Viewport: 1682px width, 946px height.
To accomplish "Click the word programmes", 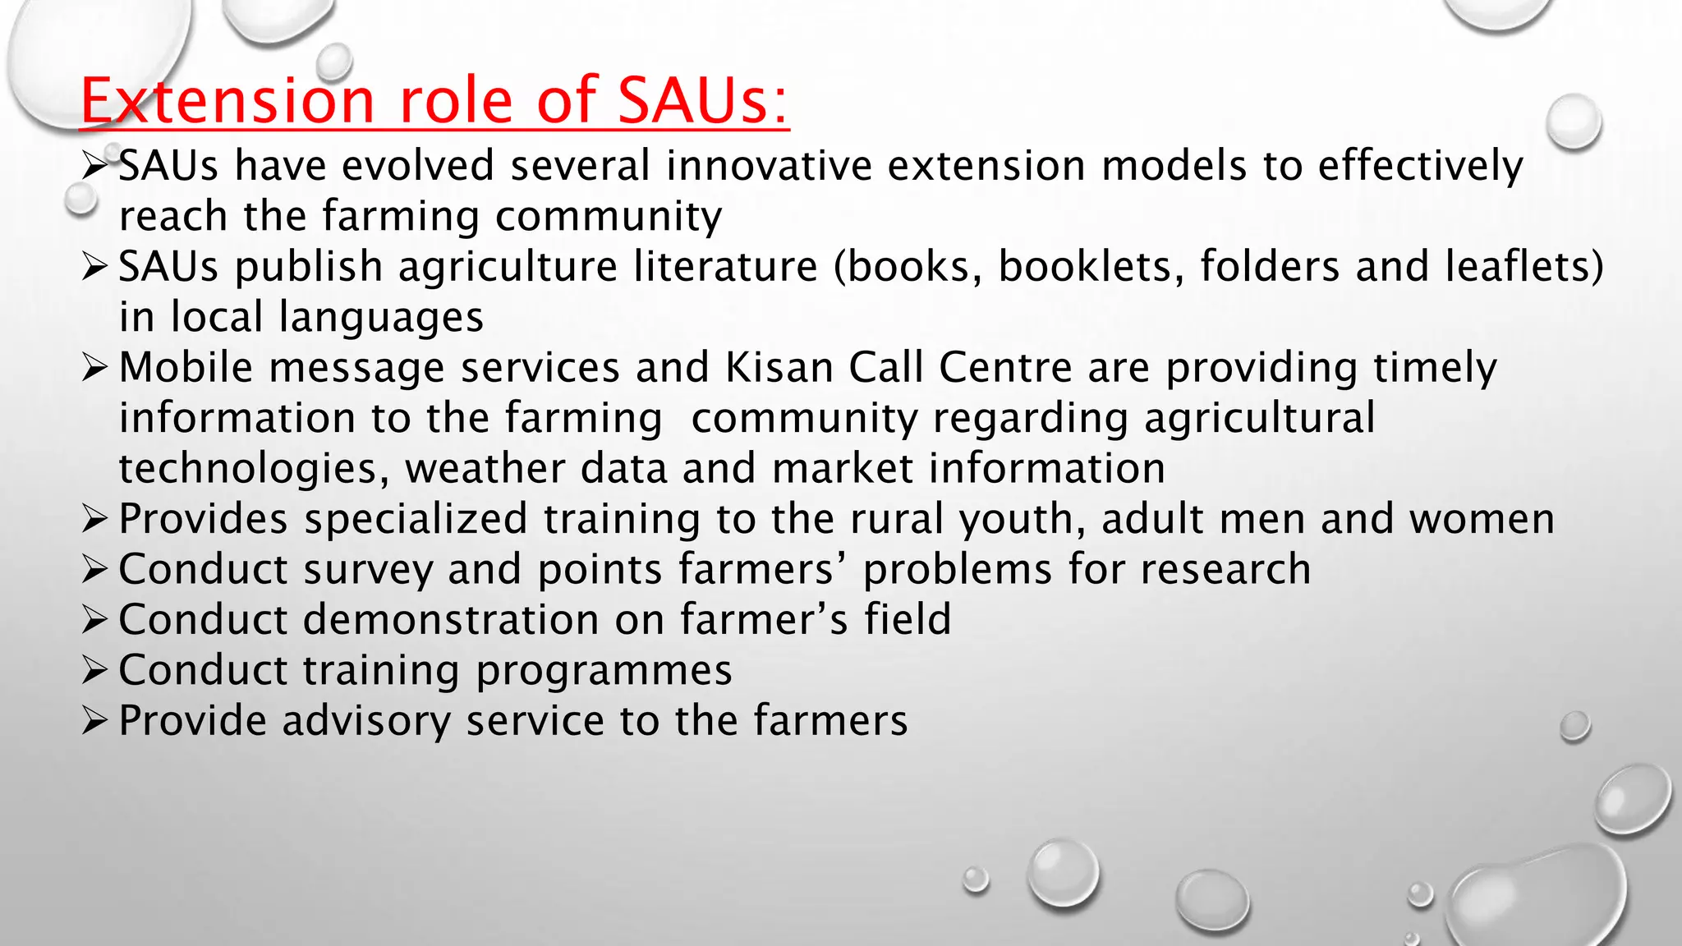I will click(x=604, y=671).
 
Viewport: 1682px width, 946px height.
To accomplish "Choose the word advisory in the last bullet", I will click(x=366, y=721).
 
